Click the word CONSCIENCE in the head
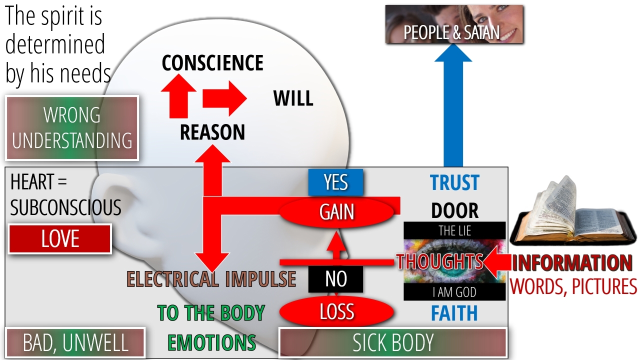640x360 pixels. pos(212,63)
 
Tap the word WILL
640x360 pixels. pos(293,98)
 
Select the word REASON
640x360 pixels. pos(212,132)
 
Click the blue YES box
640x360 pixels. pos(335,182)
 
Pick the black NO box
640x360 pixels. pos(335,279)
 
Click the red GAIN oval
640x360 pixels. pos(337,212)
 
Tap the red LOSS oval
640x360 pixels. pos(336,312)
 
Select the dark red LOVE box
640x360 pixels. pos(60,239)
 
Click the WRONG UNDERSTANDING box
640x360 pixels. pos(72,128)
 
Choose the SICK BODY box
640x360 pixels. pos(393,343)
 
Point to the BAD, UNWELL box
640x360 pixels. pos(75,343)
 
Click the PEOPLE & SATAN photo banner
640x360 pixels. pos(454,24)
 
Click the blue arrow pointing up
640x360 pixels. pos(453,110)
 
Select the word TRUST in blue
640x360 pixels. pos(454,183)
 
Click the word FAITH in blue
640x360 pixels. pos(454,313)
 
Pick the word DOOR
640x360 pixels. pos(454,211)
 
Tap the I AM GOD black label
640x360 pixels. pos(454,292)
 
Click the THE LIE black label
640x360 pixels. pos(454,231)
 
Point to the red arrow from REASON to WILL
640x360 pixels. pos(224,98)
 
